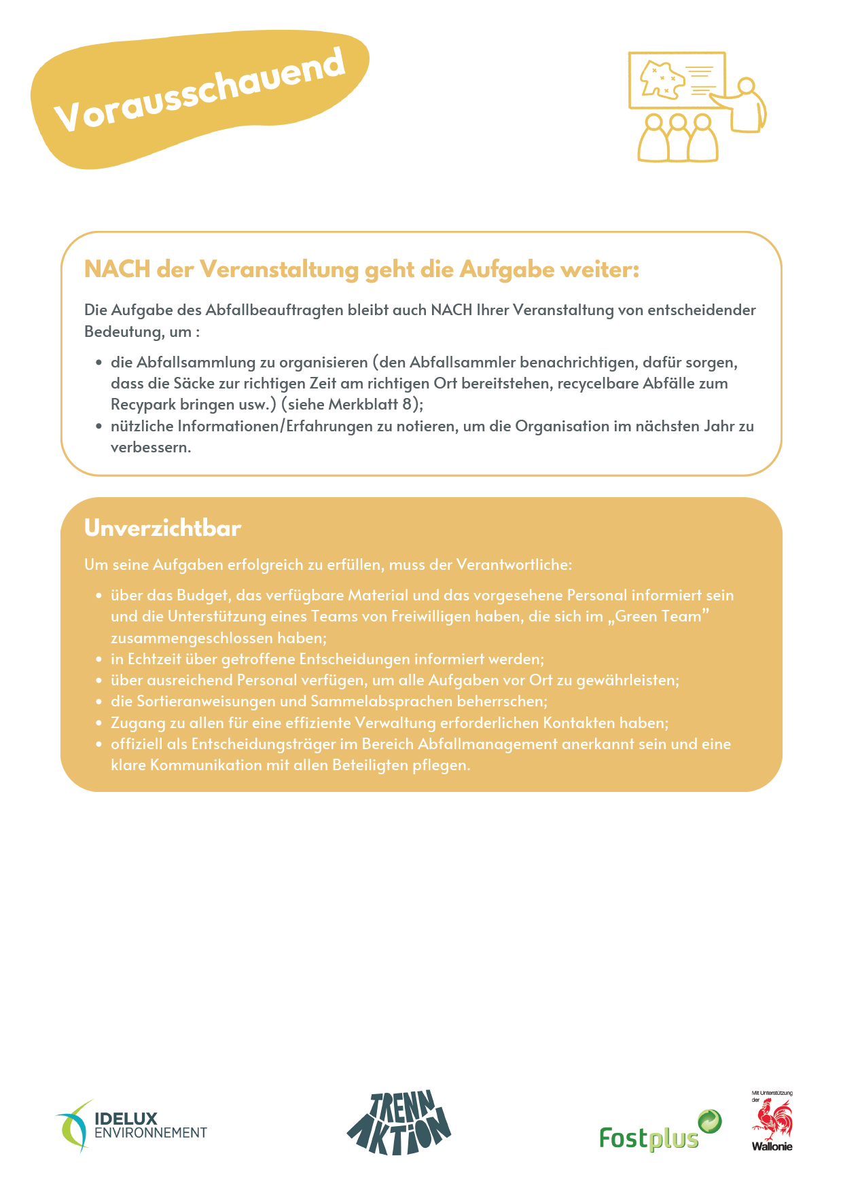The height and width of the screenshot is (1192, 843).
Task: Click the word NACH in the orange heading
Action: click(117, 270)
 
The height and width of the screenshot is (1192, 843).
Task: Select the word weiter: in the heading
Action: click(600, 270)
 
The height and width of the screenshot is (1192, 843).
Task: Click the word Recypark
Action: click(143, 404)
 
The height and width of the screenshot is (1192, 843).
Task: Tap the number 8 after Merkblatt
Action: click(407, 404)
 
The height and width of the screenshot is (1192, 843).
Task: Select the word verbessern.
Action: click(151, 447)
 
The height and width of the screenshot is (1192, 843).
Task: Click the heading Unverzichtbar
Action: click(162, 528)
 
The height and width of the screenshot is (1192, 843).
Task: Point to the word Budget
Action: click(202, 595)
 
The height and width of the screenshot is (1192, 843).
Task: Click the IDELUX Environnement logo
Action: click(132, 1125)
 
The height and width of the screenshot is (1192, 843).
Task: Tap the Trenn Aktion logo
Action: click(399, 1122)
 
